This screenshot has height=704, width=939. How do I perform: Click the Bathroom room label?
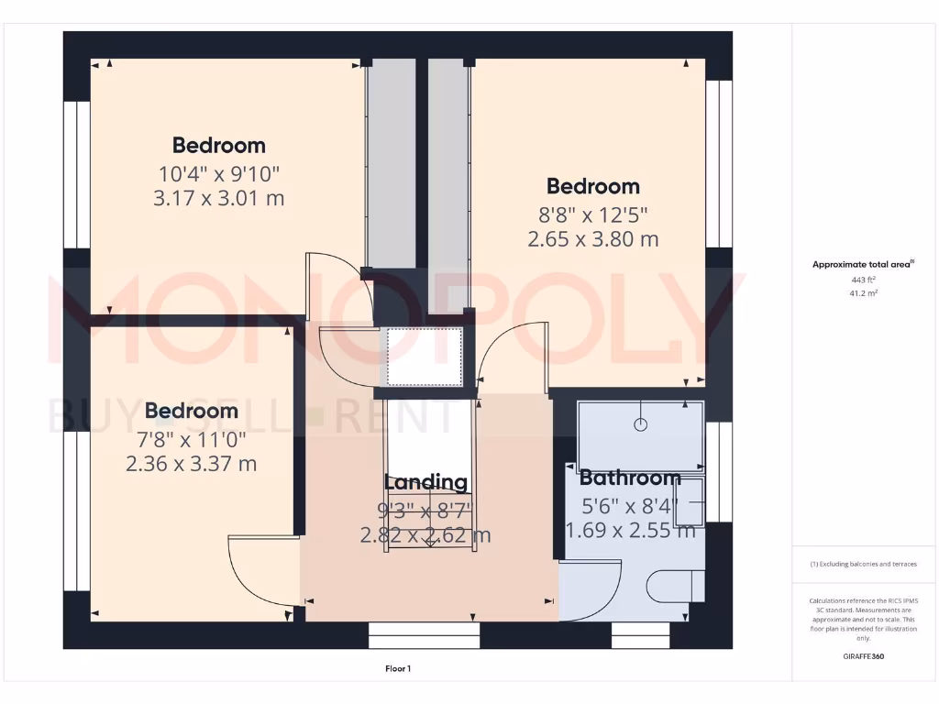click(630, 478)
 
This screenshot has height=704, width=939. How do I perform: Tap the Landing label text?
click(425, 482)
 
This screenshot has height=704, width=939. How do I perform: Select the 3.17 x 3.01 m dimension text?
click(219, 197)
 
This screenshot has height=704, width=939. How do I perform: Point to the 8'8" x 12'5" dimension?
click(593, 215)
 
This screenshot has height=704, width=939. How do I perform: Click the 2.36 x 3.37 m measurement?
click(192, 464)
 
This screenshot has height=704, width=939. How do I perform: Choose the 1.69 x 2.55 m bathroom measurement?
click(630, 530)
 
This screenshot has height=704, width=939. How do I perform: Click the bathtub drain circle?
click(640, 424)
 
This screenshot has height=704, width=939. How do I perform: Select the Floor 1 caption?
click(398, 669)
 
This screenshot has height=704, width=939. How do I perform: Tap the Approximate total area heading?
click(862, 264)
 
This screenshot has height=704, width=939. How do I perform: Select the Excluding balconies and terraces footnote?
click(863, 564)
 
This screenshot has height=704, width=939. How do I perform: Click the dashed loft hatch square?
click(423, 357)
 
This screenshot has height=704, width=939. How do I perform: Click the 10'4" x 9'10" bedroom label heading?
click(219, 145)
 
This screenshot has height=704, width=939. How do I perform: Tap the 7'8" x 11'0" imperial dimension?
click(192, 438)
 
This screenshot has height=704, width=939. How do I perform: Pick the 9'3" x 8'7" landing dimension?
click(425, 510)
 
